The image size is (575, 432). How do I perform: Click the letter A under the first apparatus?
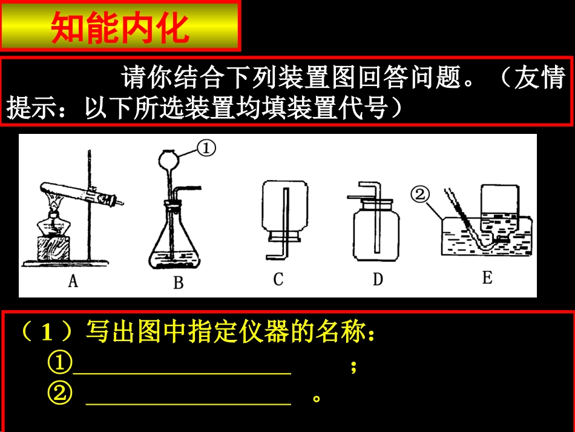73,281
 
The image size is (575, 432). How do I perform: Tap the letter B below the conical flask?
178,283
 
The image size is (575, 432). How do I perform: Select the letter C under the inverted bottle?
278,279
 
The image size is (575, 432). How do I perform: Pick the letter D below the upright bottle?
378,279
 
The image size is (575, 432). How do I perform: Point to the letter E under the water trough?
487,278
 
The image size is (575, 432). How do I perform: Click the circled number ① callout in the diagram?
206,148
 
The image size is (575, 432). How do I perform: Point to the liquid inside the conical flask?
174,261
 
